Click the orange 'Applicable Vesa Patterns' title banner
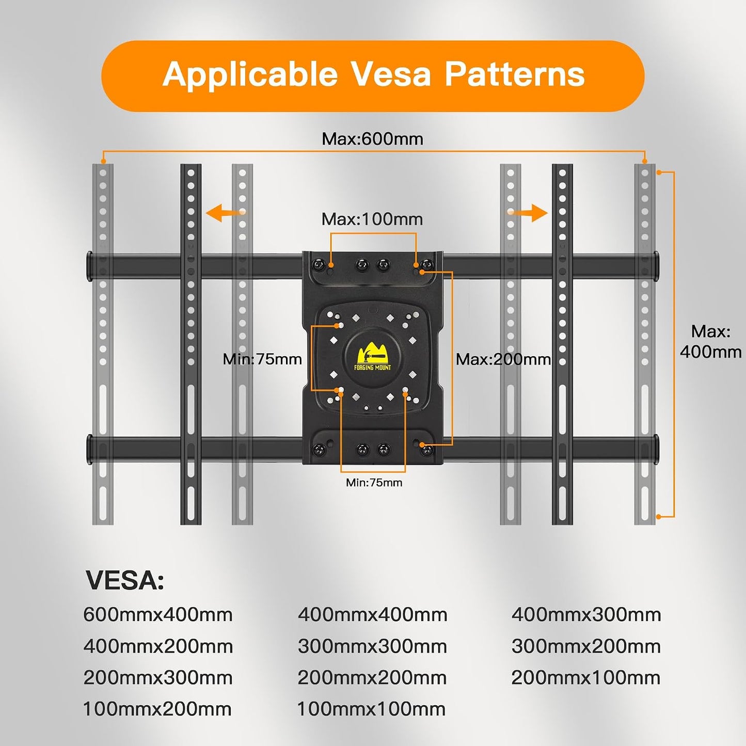pos(373,76)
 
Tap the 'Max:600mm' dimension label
pos(372,139)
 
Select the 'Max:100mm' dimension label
pos(372,219)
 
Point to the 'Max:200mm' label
pos(503,360)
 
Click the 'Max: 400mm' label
pos(711,342)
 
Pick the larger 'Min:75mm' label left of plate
pos(262,359)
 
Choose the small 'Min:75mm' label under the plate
pos(374,482)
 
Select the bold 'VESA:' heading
pos(124,581)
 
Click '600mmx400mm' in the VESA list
pos(158,615)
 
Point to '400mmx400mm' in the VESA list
pos(372,615)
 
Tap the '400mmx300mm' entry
pos(586,615)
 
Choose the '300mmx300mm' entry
pos(372,646)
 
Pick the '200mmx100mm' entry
pos(586,678)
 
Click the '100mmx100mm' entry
pos(371,709)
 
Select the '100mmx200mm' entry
pos(157,709)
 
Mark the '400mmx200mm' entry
pos(158,646)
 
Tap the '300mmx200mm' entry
pos(586,646)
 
